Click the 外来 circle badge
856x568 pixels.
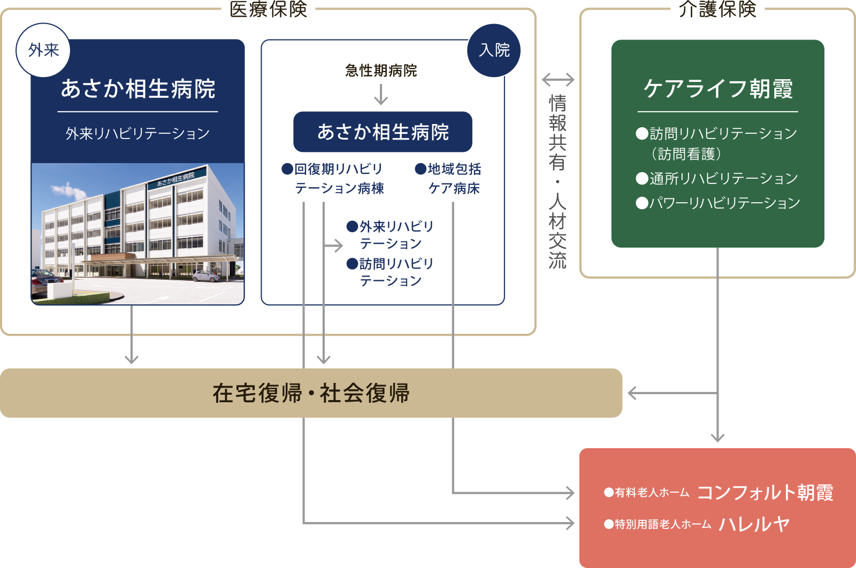pos(43,50)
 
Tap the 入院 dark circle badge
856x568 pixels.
pos(494,50)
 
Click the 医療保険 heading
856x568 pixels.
pos(268,9)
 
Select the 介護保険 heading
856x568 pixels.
pos(717,9)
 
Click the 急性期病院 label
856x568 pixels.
pos(381,71)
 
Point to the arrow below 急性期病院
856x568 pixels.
pos(381,94)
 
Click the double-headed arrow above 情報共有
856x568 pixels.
pos(558,80)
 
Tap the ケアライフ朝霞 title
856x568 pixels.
pos(718,89)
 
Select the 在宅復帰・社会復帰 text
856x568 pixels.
pos(311,393)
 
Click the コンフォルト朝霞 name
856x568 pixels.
pos(765,493)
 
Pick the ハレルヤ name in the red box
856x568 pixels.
pos(754,524)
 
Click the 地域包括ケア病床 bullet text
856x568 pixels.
pos(448,179)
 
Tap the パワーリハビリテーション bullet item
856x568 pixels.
pos(717,203)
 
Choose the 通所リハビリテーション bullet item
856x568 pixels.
pos(717,179)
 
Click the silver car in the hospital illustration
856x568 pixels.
pos(206,275)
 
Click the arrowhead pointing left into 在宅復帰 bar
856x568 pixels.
pos(632,393)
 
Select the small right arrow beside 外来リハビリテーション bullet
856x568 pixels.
pos(333,245)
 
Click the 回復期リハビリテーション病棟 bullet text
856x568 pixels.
pos(332,179)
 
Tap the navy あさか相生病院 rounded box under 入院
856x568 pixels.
pos(383,132)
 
